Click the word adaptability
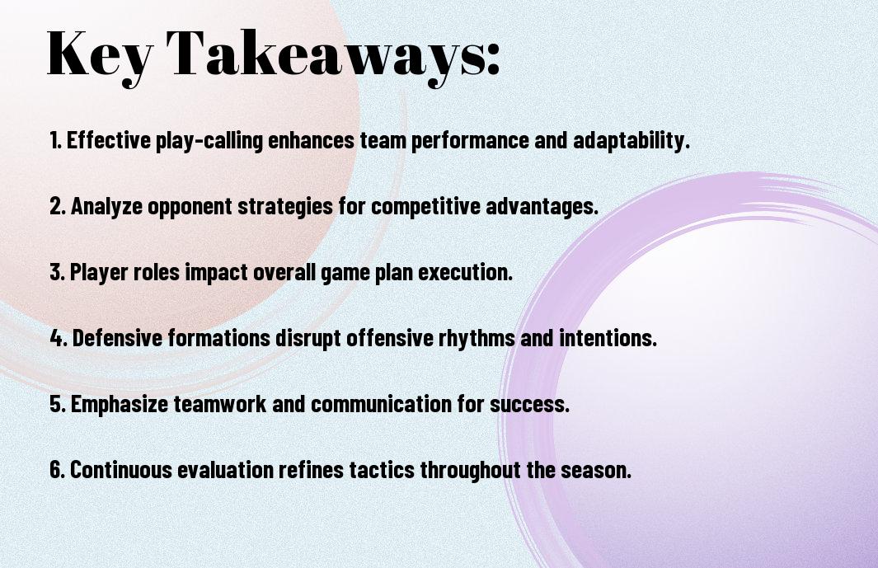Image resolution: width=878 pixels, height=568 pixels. [x=631, y=141]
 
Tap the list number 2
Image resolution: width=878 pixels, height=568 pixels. [x=58, y=206]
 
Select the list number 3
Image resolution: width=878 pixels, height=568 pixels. [x=58, y=272]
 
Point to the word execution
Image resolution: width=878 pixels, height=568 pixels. [x=465, y=272]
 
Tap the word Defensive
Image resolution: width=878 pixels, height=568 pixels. [x=117, y=338]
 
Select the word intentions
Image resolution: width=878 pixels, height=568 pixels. [x=608, y=338]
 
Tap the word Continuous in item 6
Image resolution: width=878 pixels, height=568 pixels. [x=121, y=469]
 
